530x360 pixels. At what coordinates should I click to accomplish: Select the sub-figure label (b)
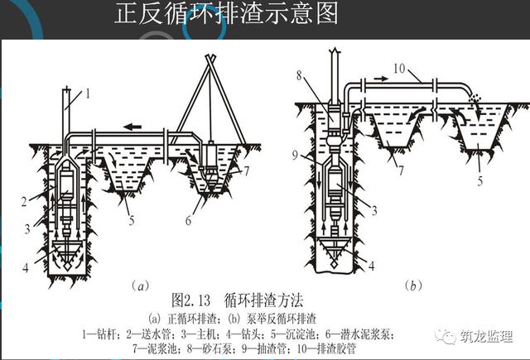tap(413, 286)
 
